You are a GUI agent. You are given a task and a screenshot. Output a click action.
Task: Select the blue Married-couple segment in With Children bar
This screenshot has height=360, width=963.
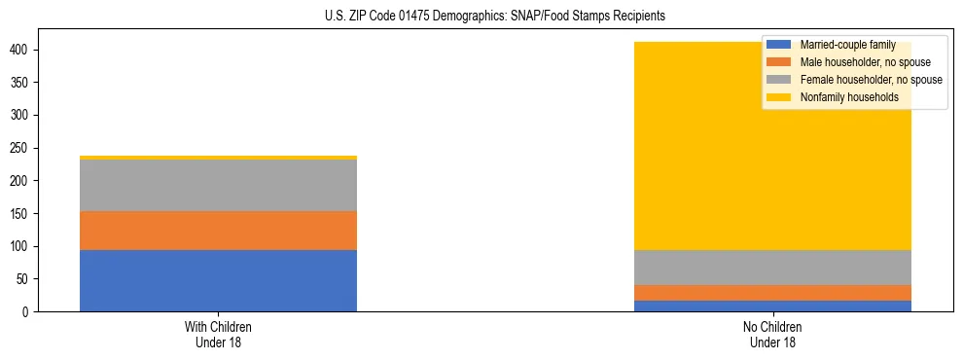point(218,280)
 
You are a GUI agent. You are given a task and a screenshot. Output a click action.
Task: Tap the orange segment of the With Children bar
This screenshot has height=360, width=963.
point(218,231)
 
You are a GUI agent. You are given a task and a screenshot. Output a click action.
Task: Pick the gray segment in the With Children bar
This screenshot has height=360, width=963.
point(218,185)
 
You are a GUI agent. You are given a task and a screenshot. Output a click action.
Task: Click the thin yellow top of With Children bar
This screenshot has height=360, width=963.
point(218,158)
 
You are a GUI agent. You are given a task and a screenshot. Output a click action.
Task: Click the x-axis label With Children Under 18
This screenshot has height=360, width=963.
point(218,335)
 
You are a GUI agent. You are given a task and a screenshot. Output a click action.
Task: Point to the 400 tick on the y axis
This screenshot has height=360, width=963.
point(28,50)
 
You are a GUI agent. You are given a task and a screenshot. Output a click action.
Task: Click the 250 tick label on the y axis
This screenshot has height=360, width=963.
point(28,148)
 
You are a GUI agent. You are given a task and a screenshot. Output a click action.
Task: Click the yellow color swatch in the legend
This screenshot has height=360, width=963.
point(779,97)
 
